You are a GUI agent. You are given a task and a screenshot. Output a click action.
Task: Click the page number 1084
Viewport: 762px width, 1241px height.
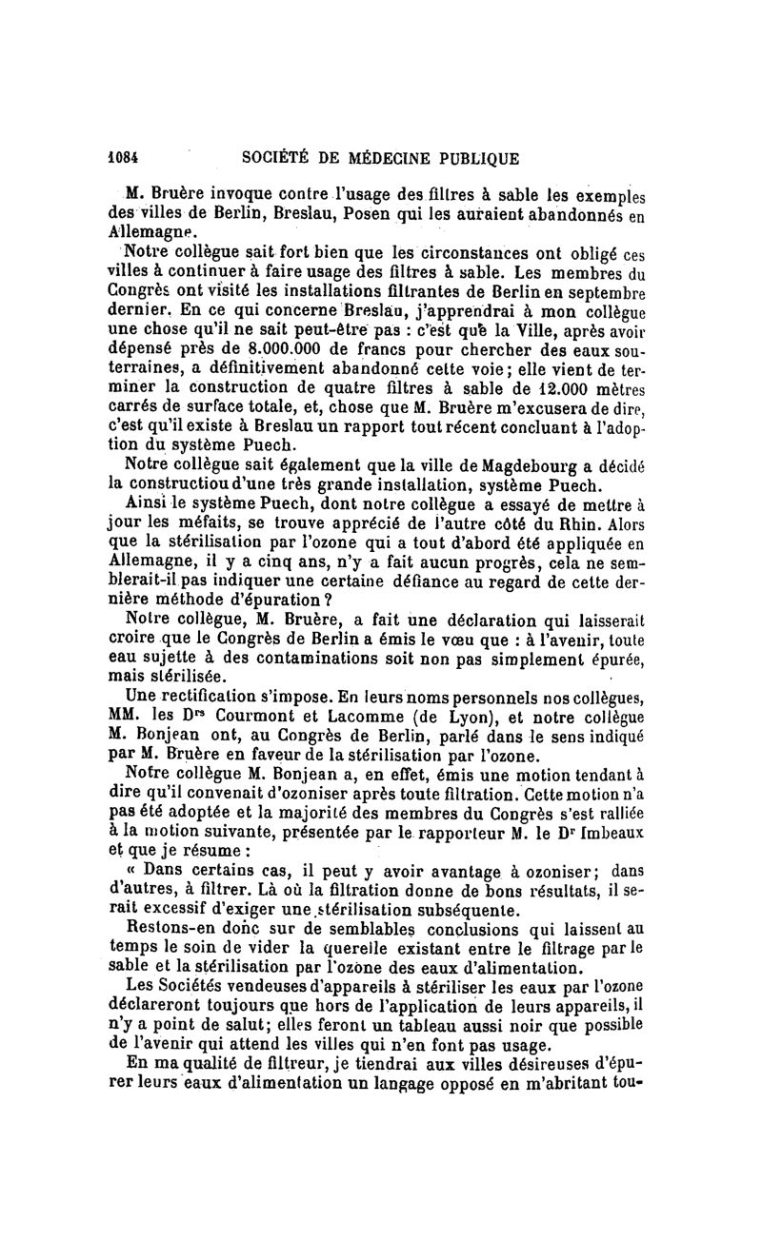(x=123, y=159)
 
